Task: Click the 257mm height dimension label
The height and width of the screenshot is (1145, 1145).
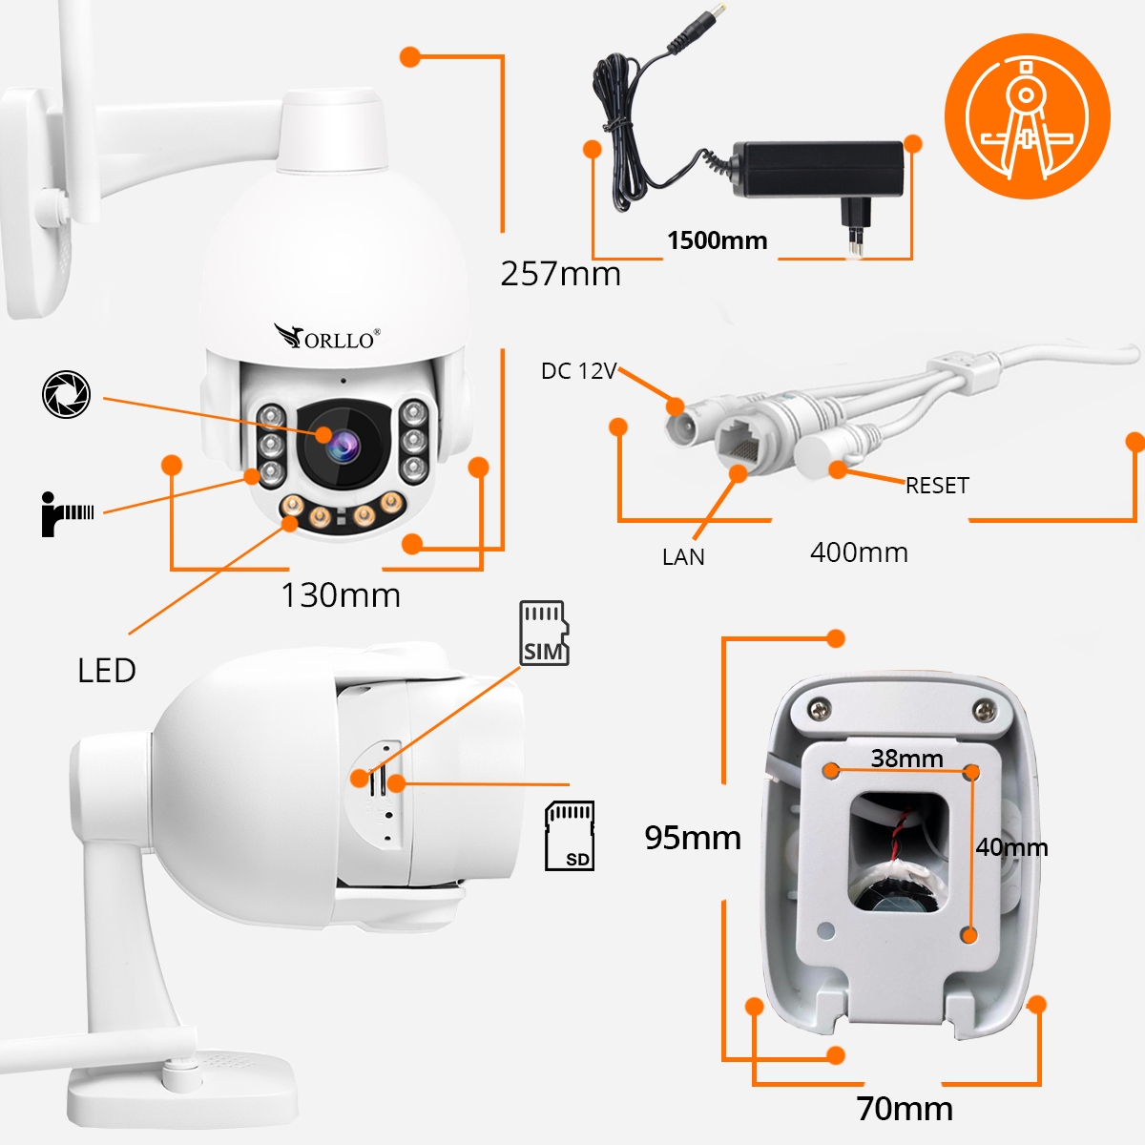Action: [x=560, y=274]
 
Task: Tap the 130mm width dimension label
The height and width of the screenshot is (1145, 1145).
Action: [x=341, y=594]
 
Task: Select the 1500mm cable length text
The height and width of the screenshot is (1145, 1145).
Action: [x=718, y=240]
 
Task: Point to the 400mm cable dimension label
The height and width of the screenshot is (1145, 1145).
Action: [x=859, y=552]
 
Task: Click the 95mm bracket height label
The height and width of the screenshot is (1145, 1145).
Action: [x=693, y=838]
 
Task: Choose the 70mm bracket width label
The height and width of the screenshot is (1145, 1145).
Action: [x=905, y=1109]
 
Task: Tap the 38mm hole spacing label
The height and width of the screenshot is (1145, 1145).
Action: [x=906, y=759]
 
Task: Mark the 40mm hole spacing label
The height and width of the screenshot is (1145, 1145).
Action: [x=1011, y=847]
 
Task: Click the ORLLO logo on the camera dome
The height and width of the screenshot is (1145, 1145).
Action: [x=327, y=337]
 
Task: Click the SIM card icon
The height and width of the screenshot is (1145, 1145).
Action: [x=544, y=633]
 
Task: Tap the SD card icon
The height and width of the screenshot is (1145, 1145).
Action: [x=570, y=836]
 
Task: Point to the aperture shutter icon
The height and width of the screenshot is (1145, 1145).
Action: [x=67, y=394]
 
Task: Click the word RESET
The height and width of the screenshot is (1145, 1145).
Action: [x=937, y=486]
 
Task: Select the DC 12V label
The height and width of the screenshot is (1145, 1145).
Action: [x=579, y=371]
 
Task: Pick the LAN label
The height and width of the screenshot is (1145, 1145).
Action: [x=683, y=557]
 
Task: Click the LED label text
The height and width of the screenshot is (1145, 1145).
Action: [x=107, y=671]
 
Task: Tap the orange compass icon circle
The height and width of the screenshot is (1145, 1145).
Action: [x=1028, y=115]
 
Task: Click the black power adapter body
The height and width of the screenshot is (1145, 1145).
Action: [x=818, y=169]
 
